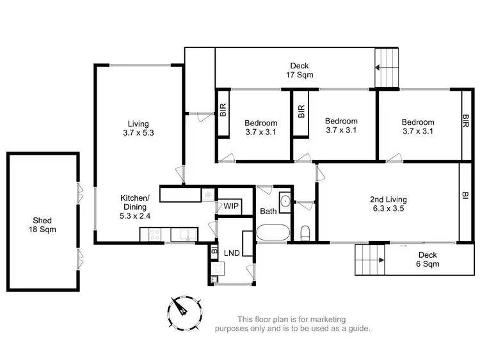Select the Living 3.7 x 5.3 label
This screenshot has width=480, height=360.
click(138, 129)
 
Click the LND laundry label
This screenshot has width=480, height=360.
click(232, 253)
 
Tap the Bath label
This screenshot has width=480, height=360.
click(268, 211)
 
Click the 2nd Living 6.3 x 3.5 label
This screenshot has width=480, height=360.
click(388, 203)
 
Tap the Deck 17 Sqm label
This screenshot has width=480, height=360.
click(300, 70)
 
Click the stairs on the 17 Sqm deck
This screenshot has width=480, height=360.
click(387, 67)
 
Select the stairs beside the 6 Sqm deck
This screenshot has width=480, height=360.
click(370, 260)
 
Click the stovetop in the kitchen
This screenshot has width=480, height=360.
click(154, 235)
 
